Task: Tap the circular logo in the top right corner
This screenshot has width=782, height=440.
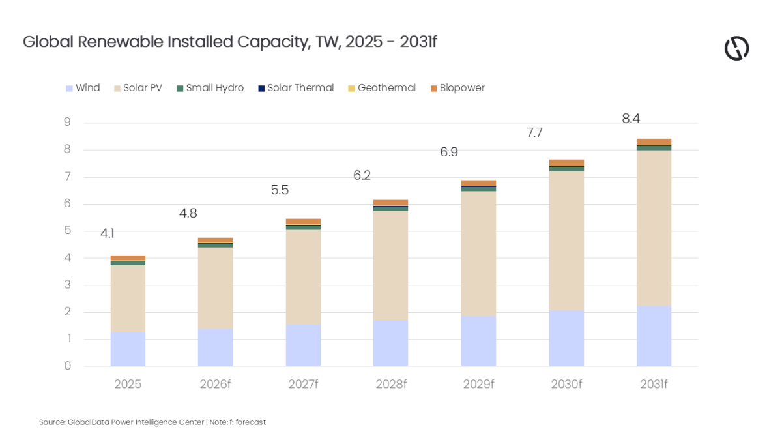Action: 736,48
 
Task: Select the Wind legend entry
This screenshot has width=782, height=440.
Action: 83,88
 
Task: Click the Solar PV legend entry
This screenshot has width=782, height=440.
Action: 138,88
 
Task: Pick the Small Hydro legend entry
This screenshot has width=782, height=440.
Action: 210,88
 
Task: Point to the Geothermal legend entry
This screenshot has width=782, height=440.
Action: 381,88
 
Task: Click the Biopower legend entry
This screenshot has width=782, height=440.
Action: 457,88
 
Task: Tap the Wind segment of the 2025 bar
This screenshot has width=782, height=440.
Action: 128,349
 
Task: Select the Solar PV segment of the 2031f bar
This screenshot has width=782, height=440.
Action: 654,228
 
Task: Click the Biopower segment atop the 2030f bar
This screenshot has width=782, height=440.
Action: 566,162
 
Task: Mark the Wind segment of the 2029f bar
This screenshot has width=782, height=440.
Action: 478,341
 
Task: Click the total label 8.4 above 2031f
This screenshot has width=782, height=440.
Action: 631,119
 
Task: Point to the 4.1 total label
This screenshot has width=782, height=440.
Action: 108,233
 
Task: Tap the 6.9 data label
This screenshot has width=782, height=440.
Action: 449,153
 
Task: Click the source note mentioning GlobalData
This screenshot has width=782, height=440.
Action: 152,422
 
